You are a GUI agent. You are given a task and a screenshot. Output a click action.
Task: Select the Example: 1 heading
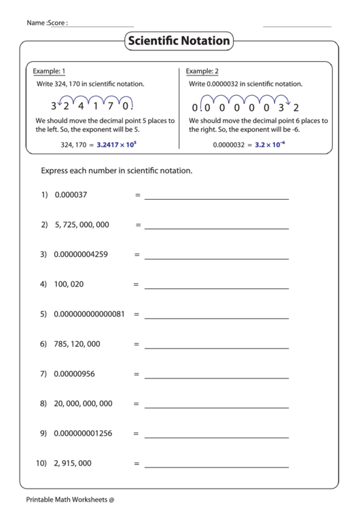tap(50, 71)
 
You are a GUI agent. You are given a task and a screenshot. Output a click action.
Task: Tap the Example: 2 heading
tap(202, 71)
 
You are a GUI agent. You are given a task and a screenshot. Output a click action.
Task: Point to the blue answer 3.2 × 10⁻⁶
tap(270, 145)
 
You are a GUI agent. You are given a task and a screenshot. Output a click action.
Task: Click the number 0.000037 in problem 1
tap(71, 195)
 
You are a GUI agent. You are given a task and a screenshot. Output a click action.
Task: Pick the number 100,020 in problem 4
tap(69, 285)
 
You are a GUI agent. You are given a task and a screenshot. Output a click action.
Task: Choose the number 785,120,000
tap(77, 345)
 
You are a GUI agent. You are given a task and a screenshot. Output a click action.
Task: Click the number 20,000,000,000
tap(83, 404)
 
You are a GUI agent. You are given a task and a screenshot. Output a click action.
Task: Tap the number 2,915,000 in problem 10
tap(73, 463)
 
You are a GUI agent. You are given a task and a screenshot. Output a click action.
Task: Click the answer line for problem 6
tap(216, 348)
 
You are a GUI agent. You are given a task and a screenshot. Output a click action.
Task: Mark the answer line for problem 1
tap(216, 199)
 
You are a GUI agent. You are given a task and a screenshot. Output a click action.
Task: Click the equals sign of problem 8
tap(137, 404)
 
